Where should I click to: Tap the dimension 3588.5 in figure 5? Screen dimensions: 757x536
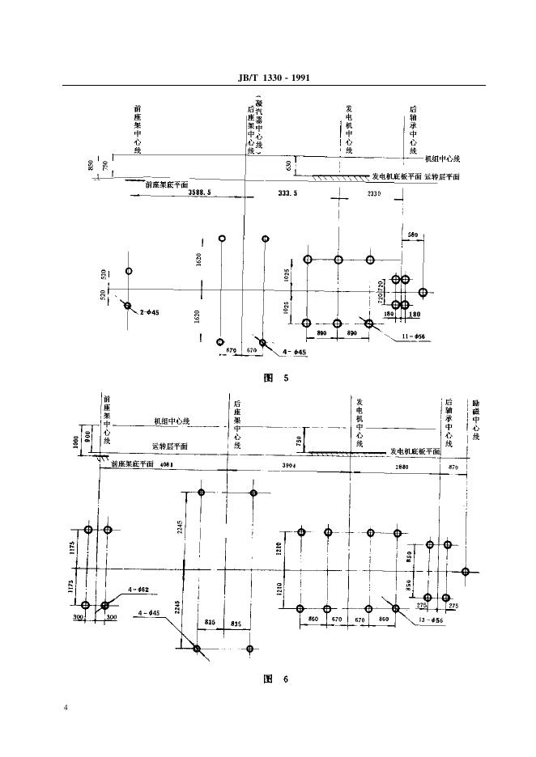pyautogui.click(x=199, y=193)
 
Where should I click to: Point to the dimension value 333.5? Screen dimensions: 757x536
pyautogui.click(x=287, y=193)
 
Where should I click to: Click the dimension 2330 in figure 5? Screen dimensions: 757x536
pyautogui.click(x=374, y=194)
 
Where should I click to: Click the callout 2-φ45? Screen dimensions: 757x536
pyautogui.click(x=146, y=312)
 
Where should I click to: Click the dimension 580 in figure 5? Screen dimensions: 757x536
pyautogui.click(x=413, y=235)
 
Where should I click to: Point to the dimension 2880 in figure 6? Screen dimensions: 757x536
pyautogui.click(x=402, y=467)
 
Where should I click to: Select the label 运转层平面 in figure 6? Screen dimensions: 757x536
pyautogui.click(x=170, y=446)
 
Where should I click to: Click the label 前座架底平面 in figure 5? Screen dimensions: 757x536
pyautogui.click(x=168, y=184)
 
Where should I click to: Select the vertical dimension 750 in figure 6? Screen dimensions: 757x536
pyautogui.click(x=299, y=441)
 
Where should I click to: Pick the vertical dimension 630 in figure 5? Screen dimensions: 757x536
pyautogui.click(x=288, y=165)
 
